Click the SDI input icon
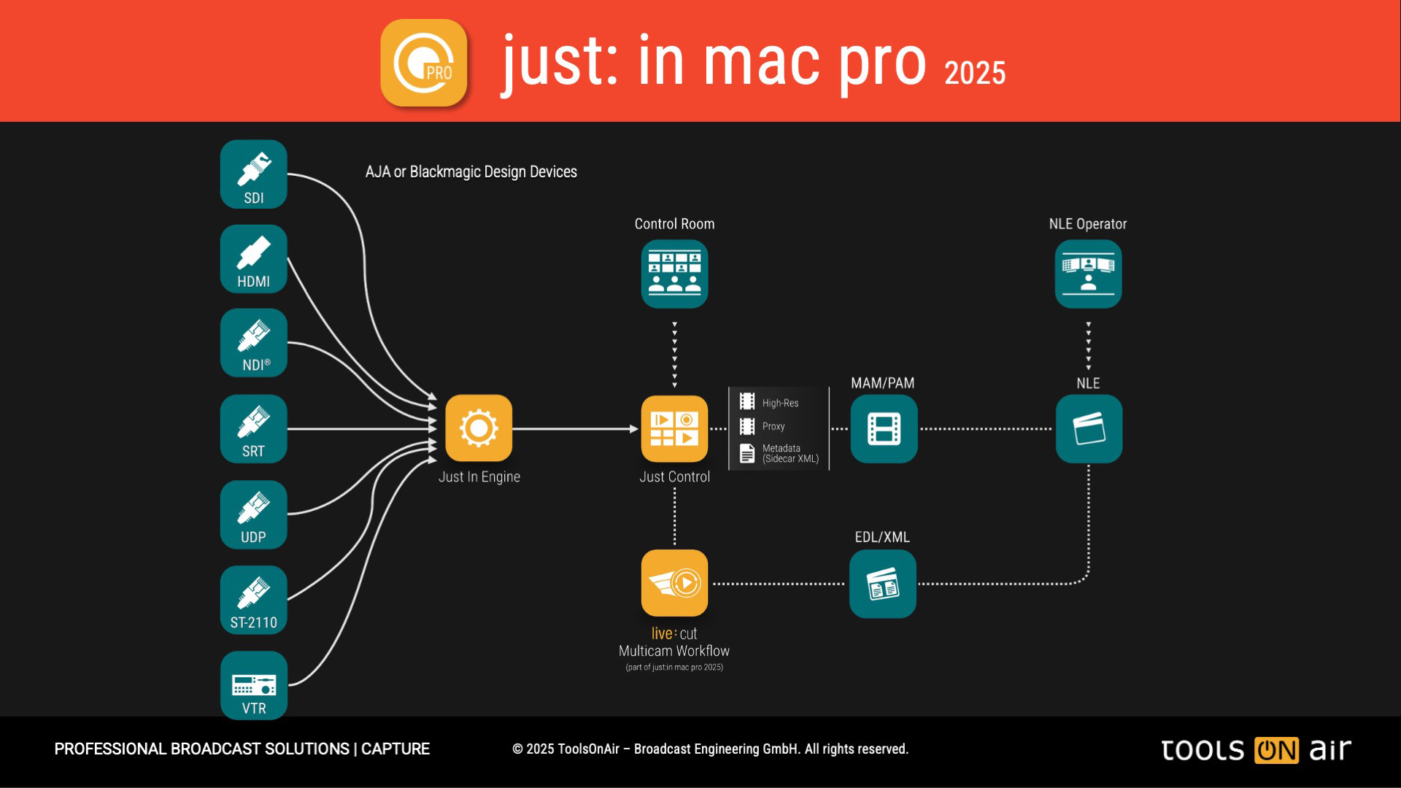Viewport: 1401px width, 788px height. tap(253, 174)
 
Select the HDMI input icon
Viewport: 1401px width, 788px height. tap(253, 259)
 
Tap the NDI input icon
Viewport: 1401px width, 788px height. tap(253, 343)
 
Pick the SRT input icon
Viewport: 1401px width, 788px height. tap(253, 429)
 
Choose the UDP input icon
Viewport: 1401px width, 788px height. tap(253, 514)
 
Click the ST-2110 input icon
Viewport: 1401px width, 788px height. tap(253, 600)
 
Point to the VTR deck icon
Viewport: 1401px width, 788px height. tap(253, 685)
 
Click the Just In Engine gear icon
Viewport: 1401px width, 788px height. tap(479, 428)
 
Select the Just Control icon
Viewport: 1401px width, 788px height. tap(674, 428)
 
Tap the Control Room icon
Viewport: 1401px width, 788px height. tap(674, 274)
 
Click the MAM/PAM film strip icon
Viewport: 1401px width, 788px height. tap(884, 428)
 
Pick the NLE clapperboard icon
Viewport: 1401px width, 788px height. tap(1089, 428)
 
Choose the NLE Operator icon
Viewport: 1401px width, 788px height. tap(1088, 274)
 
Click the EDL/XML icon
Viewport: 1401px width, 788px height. tap(883, 584)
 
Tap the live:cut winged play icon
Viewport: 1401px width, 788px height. tap(674, 583)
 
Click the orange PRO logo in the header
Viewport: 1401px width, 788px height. tap(424, 63)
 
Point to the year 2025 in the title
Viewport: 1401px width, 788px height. tap(975, 73)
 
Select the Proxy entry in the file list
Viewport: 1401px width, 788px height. tap(773, 426)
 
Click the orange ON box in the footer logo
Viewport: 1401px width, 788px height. tap(1276, 750)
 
